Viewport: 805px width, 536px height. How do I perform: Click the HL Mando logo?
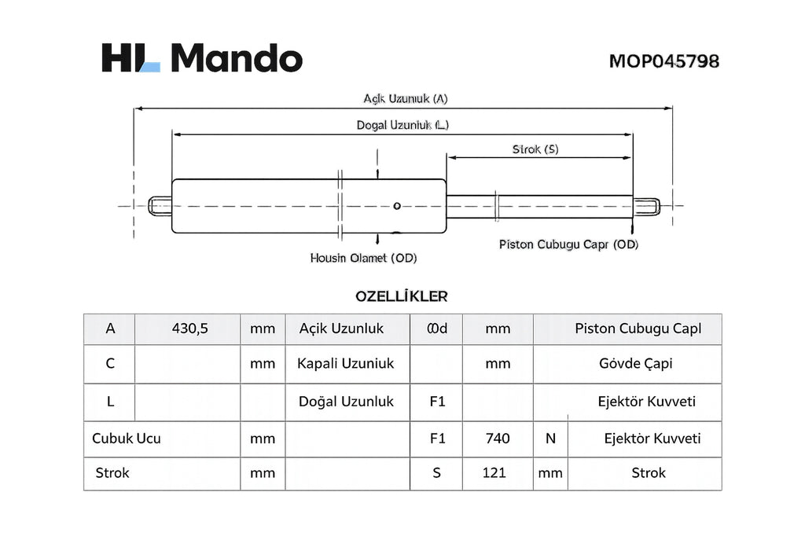click(202, 57)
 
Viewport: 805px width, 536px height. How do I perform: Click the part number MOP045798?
click(663, 61)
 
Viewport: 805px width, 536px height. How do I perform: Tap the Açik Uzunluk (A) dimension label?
click(406, 98)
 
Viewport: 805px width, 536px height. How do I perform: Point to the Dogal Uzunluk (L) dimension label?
click(402, 125)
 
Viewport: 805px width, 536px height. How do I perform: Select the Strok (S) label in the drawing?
click(535, 149)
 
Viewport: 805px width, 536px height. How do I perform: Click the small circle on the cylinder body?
click(397, 206)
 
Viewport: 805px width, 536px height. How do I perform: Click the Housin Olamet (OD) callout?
click(363, 258)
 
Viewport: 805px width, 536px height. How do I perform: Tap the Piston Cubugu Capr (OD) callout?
click(568, 244)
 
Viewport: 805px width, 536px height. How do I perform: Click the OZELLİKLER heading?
click(402, 296)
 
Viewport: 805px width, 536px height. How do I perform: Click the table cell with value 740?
click(498, 439)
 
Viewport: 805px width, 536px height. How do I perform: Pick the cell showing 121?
click(498, 473)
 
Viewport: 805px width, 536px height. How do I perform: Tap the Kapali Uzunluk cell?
click(347, 364)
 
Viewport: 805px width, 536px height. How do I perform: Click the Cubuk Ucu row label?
click(127, 439)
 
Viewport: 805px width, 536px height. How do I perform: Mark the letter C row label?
click(110, 364)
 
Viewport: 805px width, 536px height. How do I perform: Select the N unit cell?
click(550, 439)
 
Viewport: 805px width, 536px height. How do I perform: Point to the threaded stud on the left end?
click(160, 206)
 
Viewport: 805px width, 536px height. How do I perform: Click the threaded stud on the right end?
click(646, 207)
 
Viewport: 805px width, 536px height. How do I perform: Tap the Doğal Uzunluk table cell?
click(347, 402)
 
